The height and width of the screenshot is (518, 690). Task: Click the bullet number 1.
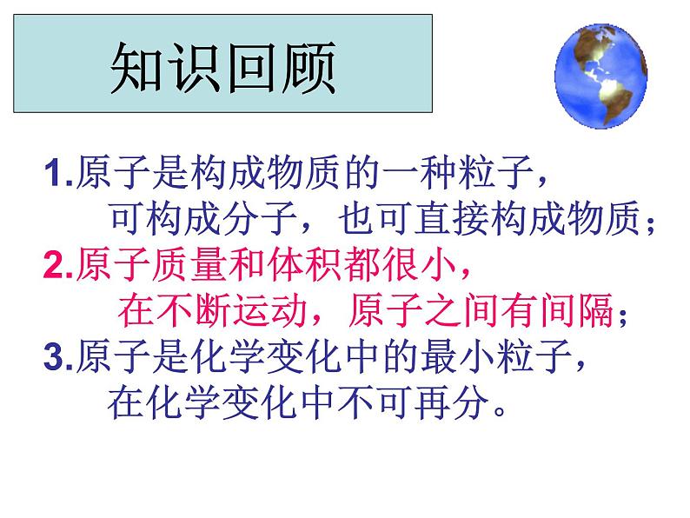[x=54, y=176]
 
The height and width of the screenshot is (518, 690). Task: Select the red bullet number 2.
[x=54, y=266]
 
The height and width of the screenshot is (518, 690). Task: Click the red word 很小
[x=431, y=266]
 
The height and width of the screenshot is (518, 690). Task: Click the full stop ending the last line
[x=500, y=408]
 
